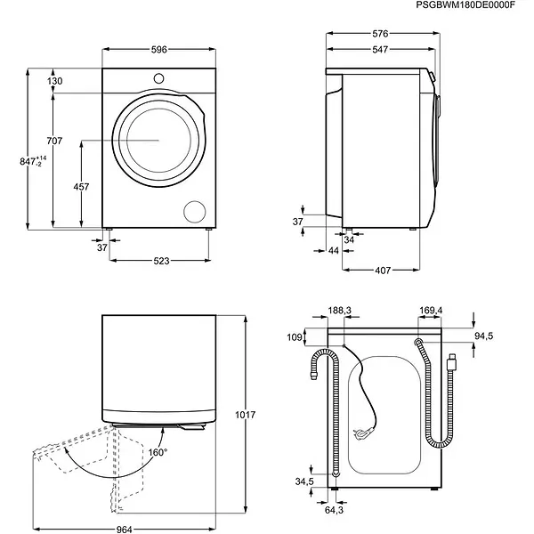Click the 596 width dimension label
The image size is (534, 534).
158,50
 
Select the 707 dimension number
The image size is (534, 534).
55,142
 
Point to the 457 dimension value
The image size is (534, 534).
80,187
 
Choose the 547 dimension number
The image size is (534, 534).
380,51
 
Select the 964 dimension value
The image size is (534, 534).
124,530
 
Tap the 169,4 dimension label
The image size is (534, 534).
431,311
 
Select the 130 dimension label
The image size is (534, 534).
55,81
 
